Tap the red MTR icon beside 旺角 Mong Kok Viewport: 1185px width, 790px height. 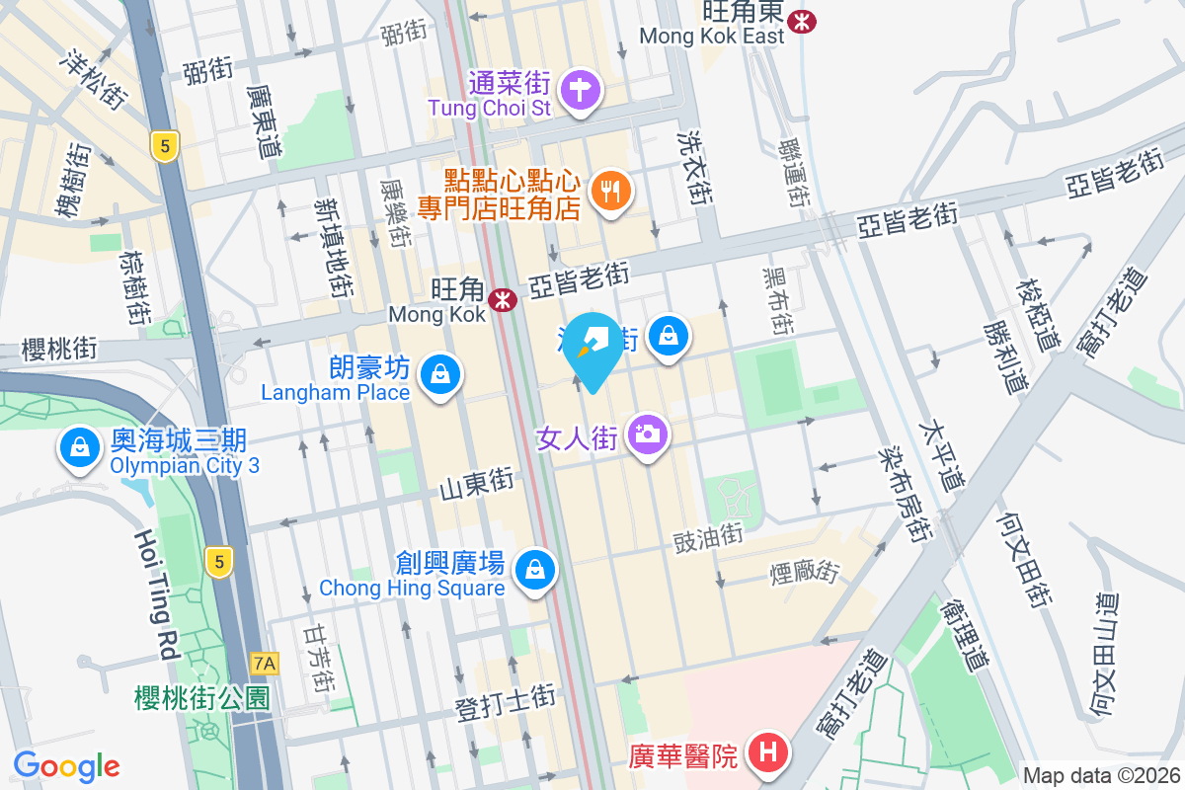(x=504, y=297)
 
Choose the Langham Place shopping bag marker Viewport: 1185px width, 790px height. (x=437, y=375)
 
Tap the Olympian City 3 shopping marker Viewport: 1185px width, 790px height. (x=78, y=447)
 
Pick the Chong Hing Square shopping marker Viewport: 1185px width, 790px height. (x=534, y=570)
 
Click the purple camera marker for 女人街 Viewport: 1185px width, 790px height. (x=647, y=434)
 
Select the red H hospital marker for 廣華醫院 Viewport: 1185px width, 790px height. (x=771, y=755)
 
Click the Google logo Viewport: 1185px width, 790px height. (x=66, y=766)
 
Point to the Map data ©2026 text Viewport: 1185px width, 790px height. (x=1100, y=776)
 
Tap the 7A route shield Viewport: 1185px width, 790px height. (x=265, y=663)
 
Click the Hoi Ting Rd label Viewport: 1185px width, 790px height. (x=147, y=593)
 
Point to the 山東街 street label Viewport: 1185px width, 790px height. (x=478, y=484)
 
